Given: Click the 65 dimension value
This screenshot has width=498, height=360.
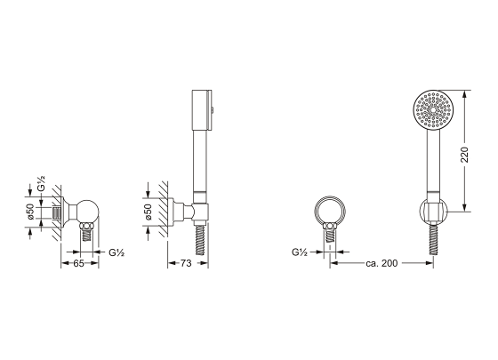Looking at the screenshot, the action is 78,263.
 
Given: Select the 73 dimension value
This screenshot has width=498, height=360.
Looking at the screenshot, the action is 186,263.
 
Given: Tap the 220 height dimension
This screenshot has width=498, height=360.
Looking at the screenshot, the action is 464,155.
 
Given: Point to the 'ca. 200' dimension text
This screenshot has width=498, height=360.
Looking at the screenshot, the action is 382,263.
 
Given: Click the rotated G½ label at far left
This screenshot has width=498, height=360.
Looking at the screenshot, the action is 41,183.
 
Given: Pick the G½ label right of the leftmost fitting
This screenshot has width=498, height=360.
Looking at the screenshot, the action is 116,252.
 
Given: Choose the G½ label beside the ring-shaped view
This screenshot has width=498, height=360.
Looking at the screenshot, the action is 300,252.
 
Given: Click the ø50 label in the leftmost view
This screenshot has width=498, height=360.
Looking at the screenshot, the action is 30,212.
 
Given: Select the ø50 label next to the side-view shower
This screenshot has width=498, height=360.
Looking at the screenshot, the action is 149,212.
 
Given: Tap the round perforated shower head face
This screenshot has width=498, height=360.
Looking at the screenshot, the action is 434,110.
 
